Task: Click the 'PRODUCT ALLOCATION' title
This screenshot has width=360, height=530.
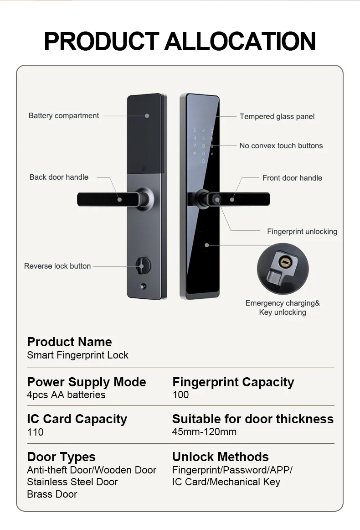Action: [x=180, y=41]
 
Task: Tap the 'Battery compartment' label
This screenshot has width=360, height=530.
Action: [x=64, y=115]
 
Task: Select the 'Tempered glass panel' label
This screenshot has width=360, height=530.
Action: [x=277, y=116]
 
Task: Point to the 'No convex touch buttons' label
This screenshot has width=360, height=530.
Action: [x=281, y=146]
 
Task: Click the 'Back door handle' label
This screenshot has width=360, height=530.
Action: [x=59, y=177]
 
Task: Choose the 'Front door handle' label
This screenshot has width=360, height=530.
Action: [x=292, y=178]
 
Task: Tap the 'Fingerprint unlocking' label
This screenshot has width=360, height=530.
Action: [x=302, y=231]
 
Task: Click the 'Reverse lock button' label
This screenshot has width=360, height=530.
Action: [x=57, y=266]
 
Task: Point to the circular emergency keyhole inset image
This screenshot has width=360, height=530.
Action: [x=283, y=269]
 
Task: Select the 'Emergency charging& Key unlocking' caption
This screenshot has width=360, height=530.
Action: [x=283, y=308]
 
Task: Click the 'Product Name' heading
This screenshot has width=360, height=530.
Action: [x=69, y=342]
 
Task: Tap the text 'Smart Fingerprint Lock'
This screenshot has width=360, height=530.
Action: [x=77, y=355]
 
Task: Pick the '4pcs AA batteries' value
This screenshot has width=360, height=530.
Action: [x=66, y=395]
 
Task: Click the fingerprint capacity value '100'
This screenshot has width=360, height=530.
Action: [x=180, y=395]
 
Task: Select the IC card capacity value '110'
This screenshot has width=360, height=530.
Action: [x=35, y=432]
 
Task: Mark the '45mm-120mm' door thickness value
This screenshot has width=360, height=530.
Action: [x=204, y=432]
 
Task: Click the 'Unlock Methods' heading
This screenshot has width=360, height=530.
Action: [x=220, y=457]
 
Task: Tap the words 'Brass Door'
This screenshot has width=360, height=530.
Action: [x=52, y=494]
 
